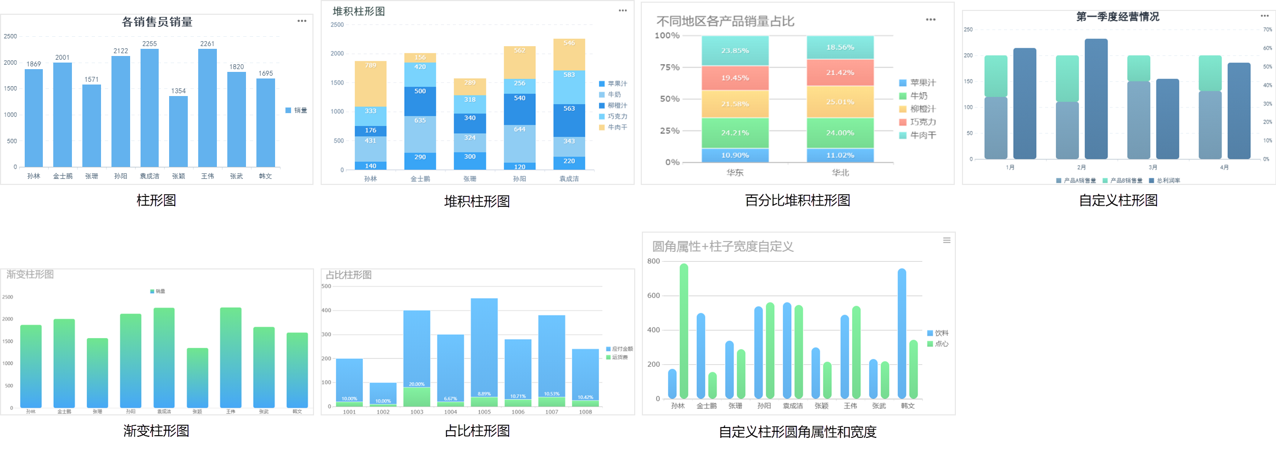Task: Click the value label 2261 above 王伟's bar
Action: point(207,44)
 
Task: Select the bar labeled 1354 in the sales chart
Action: point(178,132)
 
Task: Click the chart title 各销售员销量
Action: point(157,22)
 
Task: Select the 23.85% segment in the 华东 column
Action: point(735,50)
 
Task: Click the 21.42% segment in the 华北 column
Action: point(840,72)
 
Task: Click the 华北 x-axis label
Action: point(840,173)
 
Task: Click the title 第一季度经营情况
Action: point(1117,17)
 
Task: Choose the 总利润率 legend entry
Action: point(1164,181)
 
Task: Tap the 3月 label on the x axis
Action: point(1152,167)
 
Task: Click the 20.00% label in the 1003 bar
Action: point(417,384)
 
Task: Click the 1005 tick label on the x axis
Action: point(484,412)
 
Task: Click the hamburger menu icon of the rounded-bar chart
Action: point(947,240)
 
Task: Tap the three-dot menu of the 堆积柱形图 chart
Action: point(623,10)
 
